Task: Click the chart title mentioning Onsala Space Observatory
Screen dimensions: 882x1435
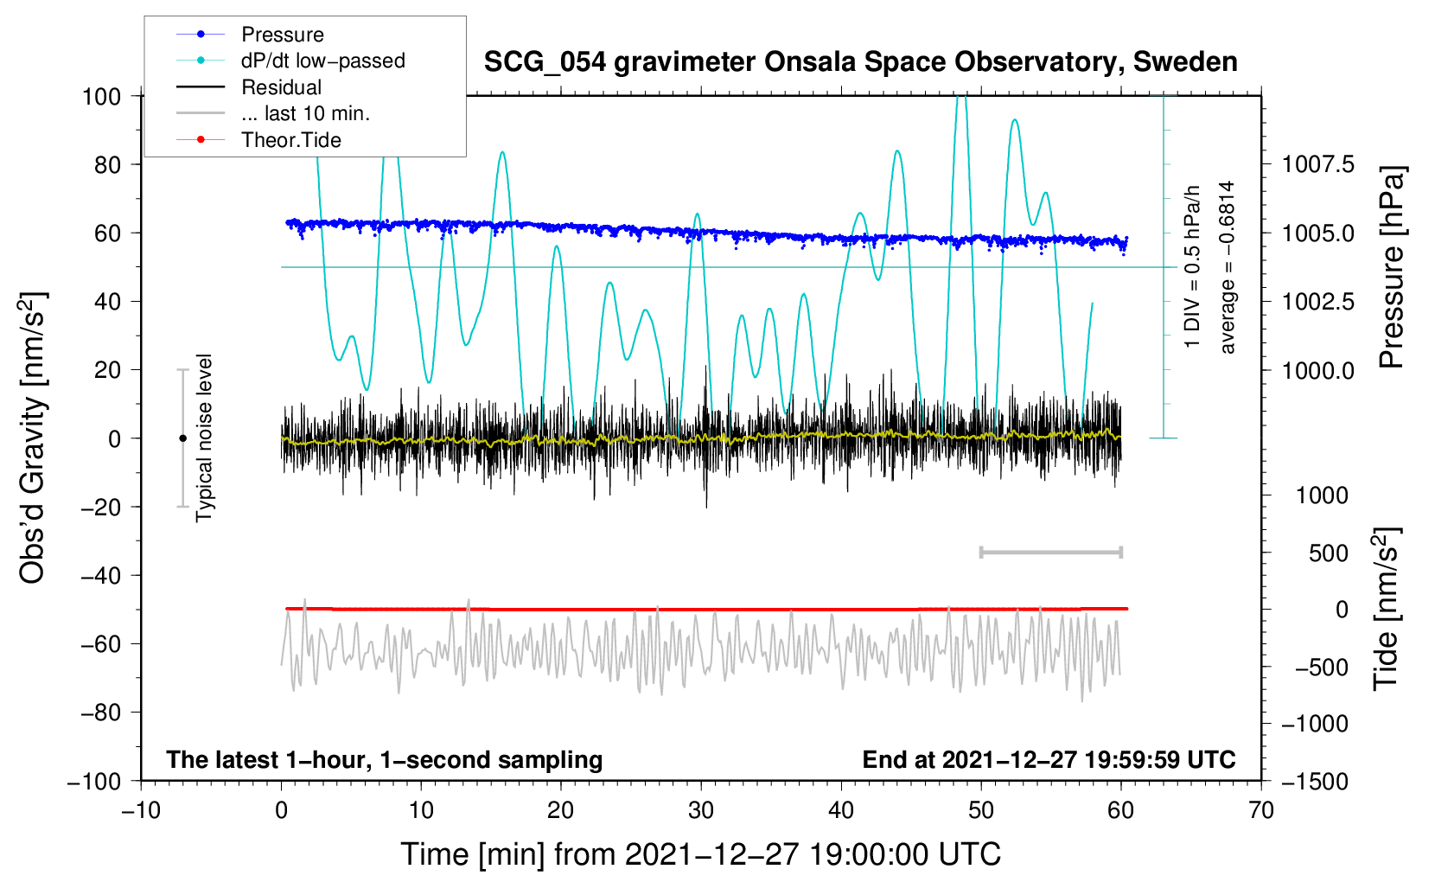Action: tap(860, 62)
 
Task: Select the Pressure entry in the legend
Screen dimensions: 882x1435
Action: tap(283, 35)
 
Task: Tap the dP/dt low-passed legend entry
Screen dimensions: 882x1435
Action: tap(322, 61)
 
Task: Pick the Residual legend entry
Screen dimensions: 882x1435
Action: tap(281, 87)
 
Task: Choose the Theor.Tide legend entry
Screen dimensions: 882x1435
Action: tap(291, 140)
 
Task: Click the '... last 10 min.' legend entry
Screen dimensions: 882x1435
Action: tap(305, 113)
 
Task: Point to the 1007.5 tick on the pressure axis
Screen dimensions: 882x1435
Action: tap(1318, 164)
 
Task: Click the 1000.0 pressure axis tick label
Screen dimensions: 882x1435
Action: tap(1318, 370)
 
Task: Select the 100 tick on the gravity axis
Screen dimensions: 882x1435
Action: tap(101, 96)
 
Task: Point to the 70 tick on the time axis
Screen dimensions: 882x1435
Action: tap(1261, 810)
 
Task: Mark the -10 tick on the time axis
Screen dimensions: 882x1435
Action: tap(141, 810)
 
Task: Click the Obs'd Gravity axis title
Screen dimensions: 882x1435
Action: tap(33, 438)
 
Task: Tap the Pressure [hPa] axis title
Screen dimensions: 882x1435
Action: tap(1391, 268)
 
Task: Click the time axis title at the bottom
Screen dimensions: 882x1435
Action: tap(700, 854)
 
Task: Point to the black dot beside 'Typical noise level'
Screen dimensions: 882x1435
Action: tap(182, 438)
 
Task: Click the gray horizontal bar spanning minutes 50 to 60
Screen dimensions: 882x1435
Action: tap(1050, 553)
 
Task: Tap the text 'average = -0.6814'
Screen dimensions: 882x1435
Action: tap(1228, 267)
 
